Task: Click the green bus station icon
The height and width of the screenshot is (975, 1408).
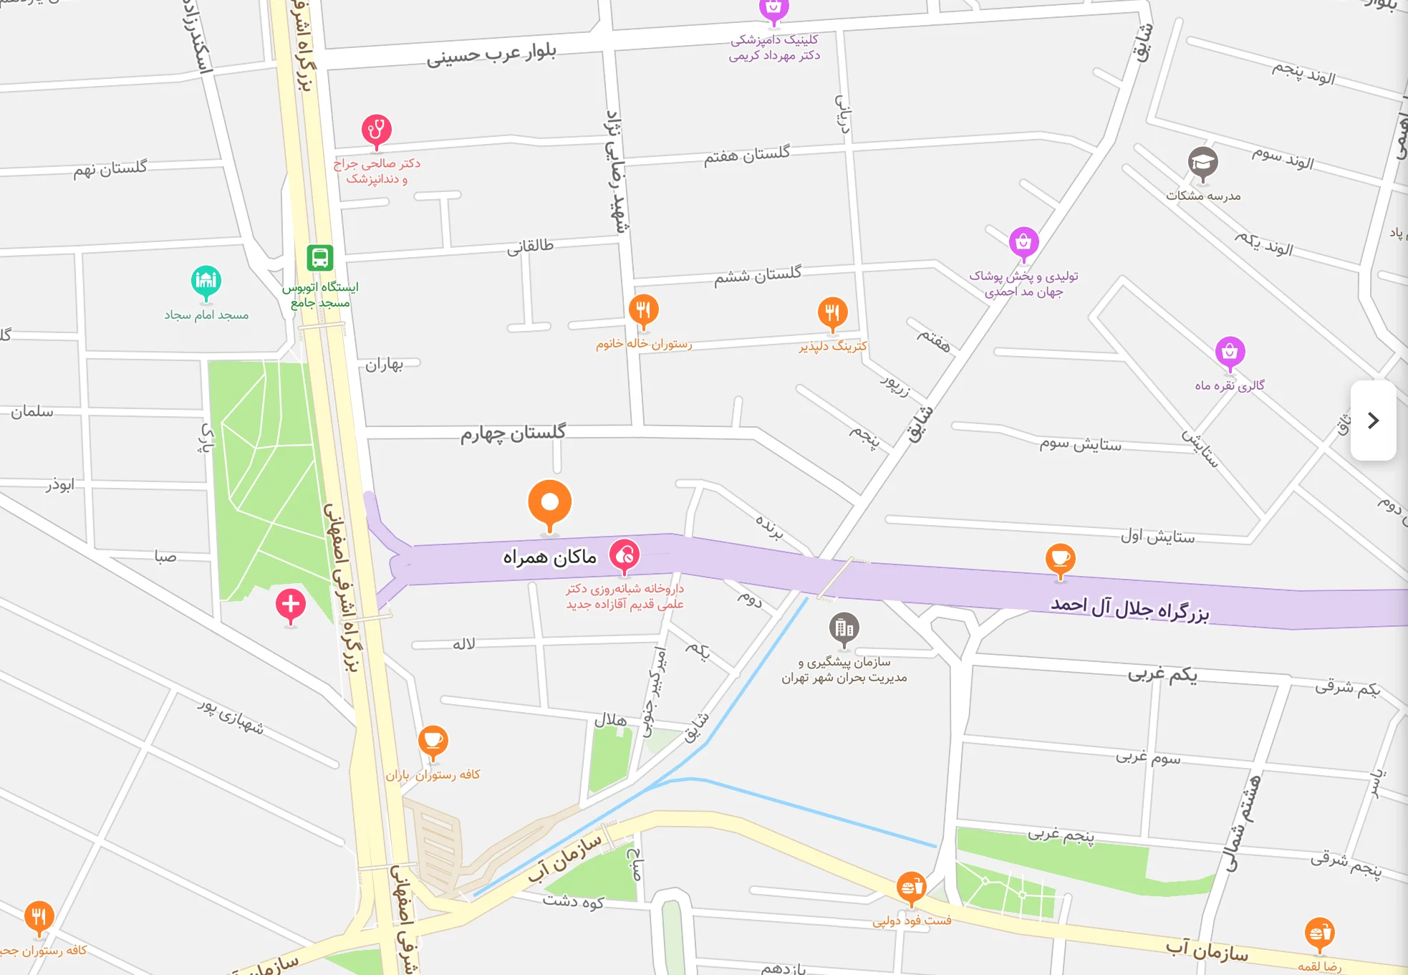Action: tap(320, 257)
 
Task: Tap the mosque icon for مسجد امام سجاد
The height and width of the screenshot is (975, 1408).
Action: tap(206, 281)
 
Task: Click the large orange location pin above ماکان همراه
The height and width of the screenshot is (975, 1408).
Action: tap(549, 503)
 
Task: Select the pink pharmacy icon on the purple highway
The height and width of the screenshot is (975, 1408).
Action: tap(625, 555)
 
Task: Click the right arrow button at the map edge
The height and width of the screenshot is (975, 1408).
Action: tap(1373, 421)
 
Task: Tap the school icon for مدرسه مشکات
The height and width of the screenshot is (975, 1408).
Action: tap(1203, 163)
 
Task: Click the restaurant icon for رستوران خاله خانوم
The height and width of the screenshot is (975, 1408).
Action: tap(643, 311)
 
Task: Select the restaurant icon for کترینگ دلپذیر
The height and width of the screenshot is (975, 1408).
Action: tap(832, 313)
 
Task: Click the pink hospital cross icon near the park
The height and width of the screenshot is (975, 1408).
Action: tap(291, 605)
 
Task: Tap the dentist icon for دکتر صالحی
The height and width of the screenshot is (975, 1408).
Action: tap(376, 130)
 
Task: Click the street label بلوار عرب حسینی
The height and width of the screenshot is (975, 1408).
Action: tap(491, 54)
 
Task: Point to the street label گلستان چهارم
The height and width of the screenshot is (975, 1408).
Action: tap(513, 433)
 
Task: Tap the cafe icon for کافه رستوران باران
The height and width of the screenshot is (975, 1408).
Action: tap(433, 741)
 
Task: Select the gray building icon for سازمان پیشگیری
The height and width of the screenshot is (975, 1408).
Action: tap(844, 628)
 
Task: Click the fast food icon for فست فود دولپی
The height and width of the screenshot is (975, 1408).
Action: tap(911, 888)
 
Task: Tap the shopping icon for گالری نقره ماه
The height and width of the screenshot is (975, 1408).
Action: tap(1230, 352)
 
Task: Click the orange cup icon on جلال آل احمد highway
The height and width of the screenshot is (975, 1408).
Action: tap(1060, 559)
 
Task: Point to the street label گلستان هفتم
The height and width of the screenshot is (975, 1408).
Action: tap(747, 155)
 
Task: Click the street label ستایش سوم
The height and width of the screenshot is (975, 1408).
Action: tap(1081, 445)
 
